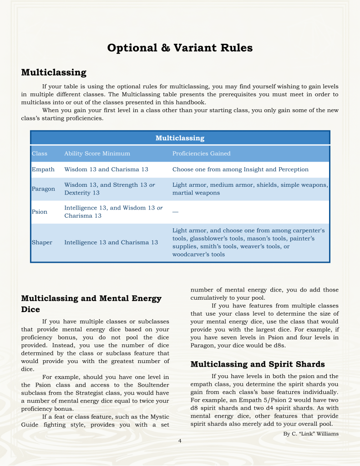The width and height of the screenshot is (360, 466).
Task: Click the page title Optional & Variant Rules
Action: pos(180,48)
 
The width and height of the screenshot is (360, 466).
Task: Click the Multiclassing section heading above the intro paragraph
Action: pos(54,72)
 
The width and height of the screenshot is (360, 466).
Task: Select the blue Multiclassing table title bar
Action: pos(180,138)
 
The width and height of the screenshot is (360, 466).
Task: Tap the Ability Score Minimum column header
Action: pos(97,154)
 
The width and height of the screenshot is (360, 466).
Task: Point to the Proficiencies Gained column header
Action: pos(201,154)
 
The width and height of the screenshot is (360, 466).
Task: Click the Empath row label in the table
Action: pos(43,169)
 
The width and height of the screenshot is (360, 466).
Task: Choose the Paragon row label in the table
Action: pos(43,189)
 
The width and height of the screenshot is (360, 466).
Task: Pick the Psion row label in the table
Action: pos(40,212)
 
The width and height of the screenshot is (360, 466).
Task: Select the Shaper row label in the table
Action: pos(42,242)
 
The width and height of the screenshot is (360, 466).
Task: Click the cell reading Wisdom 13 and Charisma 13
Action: pos(106,169)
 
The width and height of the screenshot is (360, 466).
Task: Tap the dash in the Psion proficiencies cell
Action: pos(175,212)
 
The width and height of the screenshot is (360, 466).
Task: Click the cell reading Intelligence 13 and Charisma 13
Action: pos(111,242)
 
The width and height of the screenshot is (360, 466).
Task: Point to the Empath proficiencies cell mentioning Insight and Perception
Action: pos(240,169)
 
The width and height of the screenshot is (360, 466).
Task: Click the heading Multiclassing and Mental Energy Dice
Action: pos(91,304)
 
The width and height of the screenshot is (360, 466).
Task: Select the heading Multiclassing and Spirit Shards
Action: pos(257,364)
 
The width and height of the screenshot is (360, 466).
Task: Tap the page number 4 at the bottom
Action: pos(180,441)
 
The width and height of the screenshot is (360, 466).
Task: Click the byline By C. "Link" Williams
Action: pos(311,434)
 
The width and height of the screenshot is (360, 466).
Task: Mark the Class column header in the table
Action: pos(39,154)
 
